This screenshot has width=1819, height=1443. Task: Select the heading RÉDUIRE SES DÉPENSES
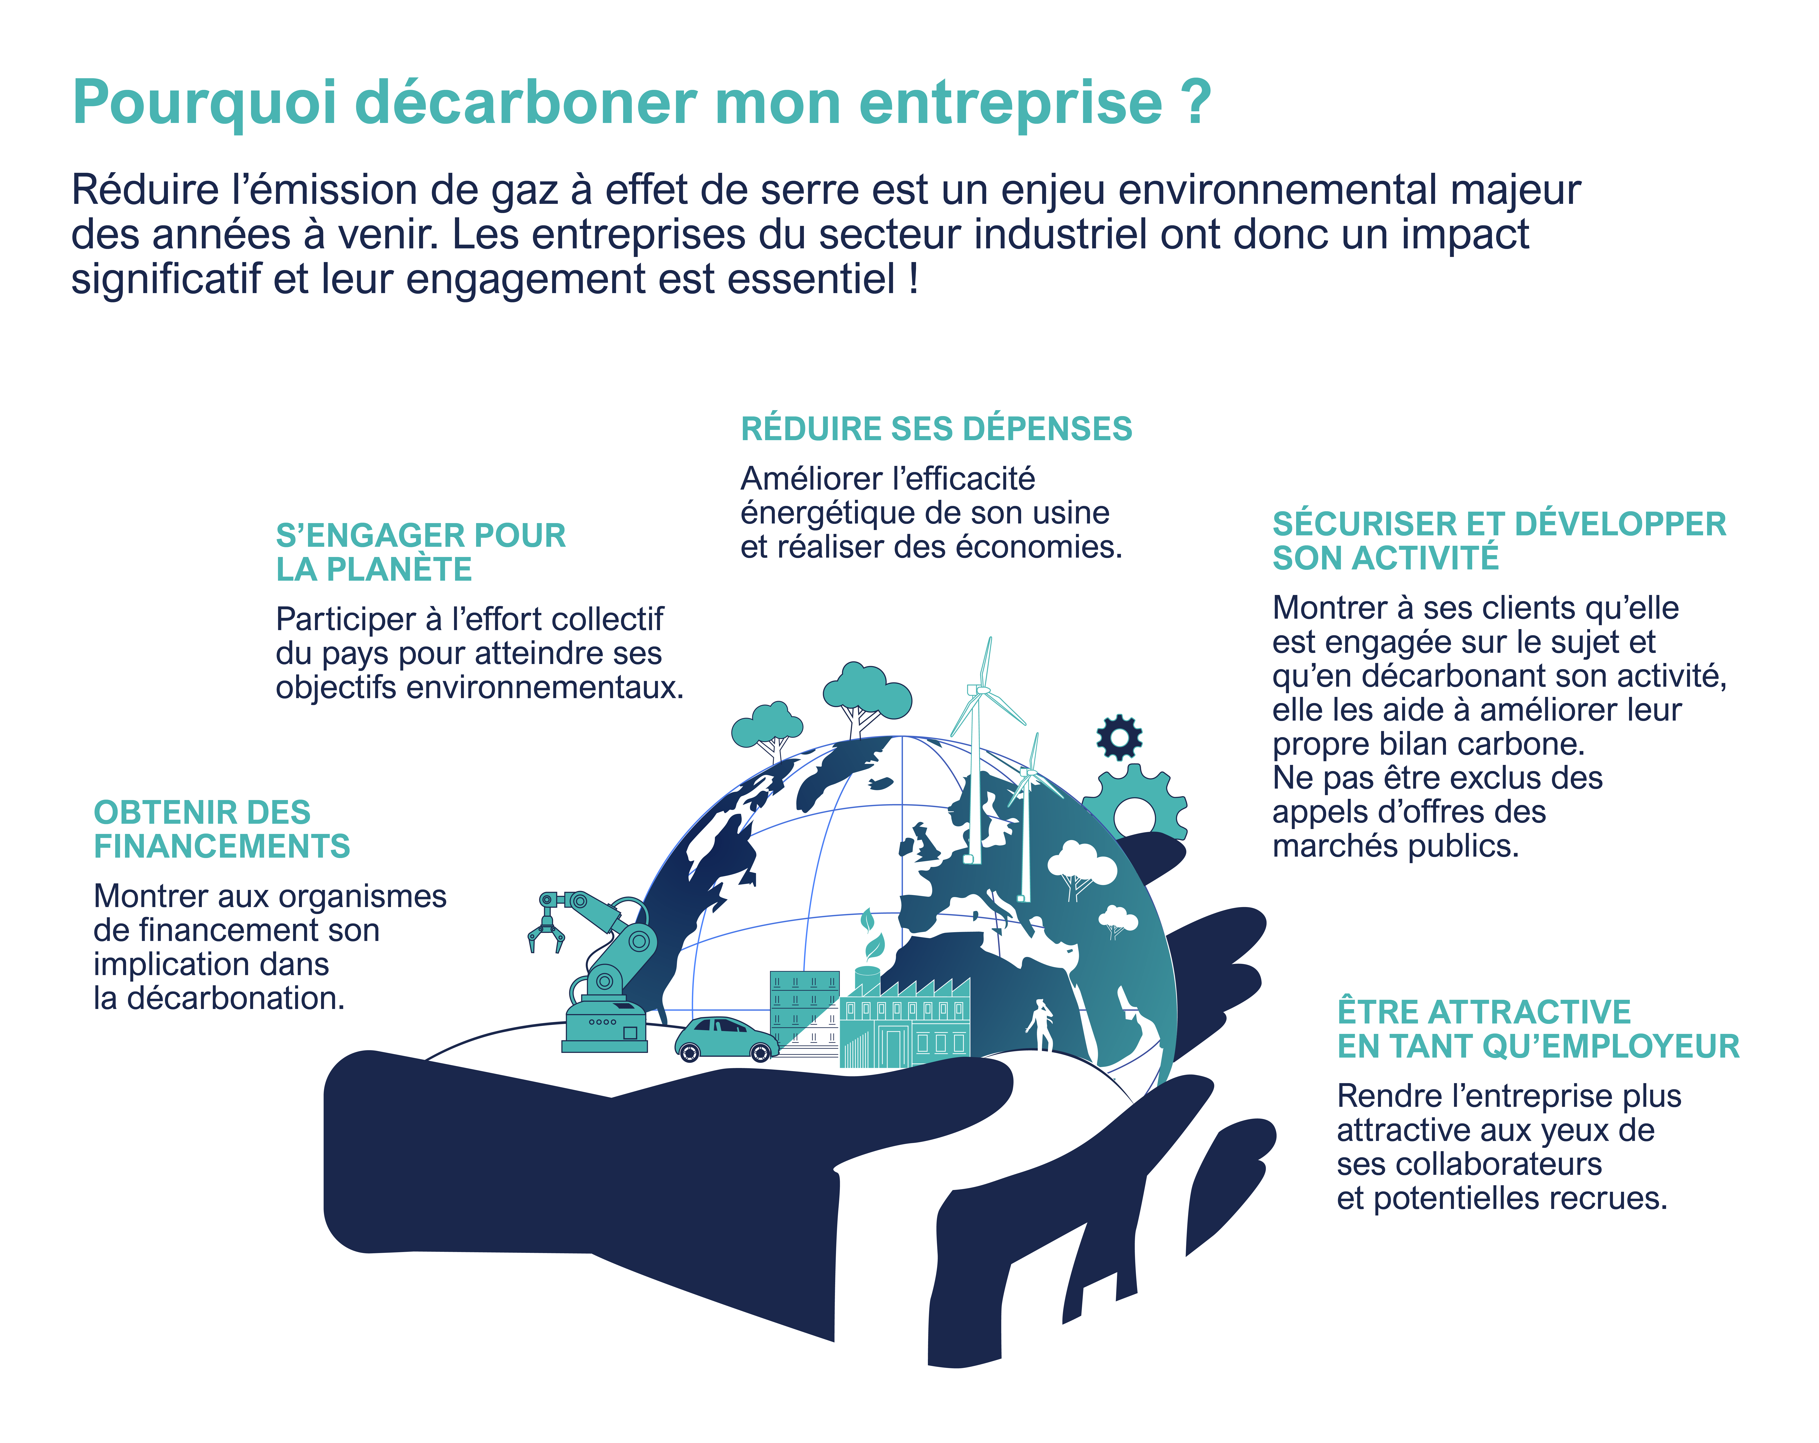(x=936, y=429)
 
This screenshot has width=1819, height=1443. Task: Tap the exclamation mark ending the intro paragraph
(x=914, y=278)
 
